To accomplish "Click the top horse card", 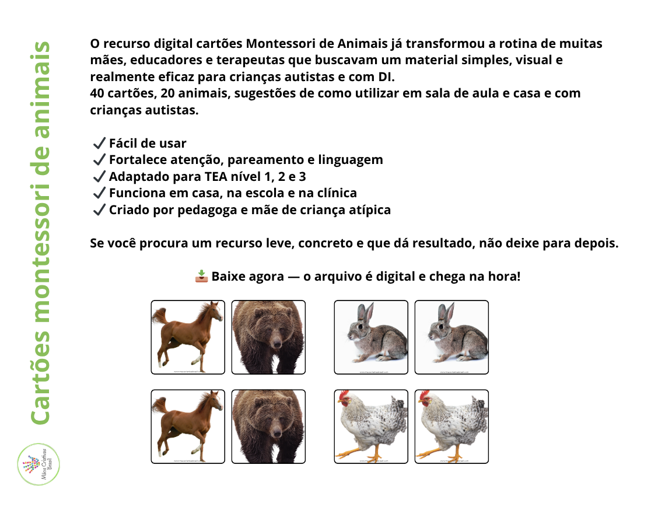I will tap(188, 337).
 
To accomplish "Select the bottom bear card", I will tap(268, 427).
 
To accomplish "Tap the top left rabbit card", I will tap(371, 337).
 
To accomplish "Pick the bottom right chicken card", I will tap(452, 427).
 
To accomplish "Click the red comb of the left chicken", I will tap(344, 396).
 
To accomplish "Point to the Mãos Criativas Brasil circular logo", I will tap(39, 464).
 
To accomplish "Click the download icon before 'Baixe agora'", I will tap(201, 276).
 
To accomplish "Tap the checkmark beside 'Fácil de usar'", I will tap(99, 144).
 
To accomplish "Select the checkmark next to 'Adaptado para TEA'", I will tap(99, 177).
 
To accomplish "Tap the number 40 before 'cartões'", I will tap(98, 93).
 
